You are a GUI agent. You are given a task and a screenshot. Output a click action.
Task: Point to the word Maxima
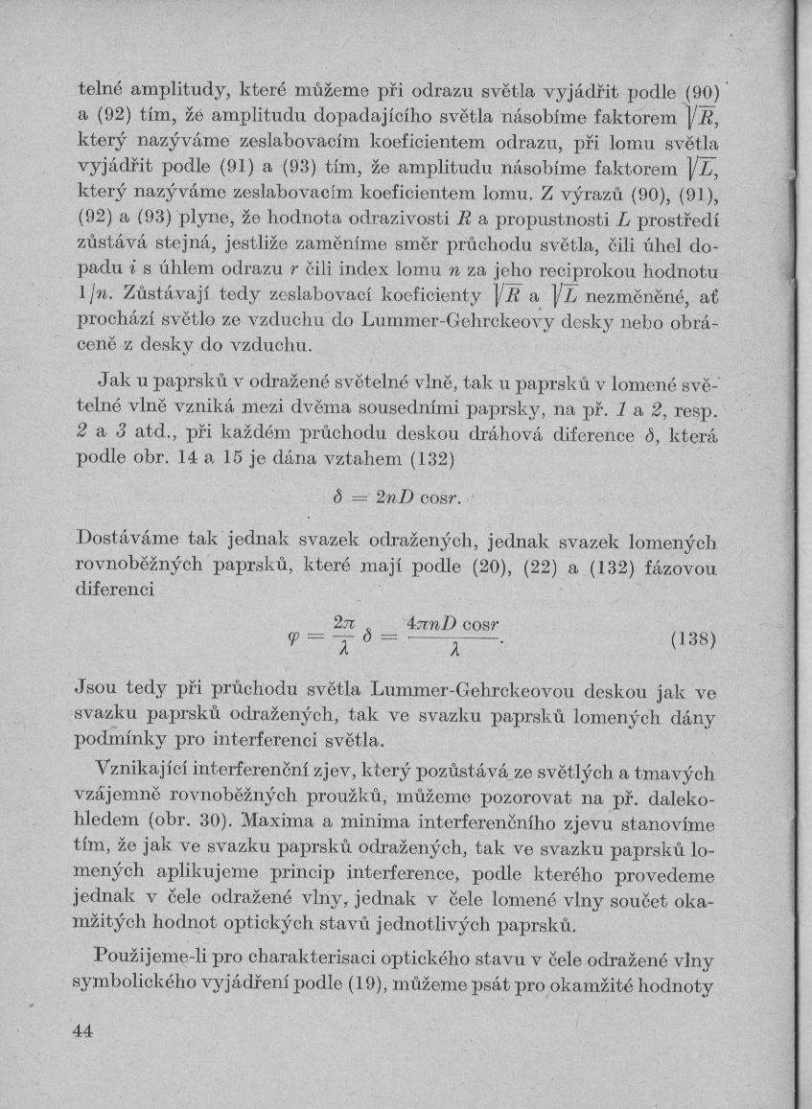pyautogui.click(x=278, y=821)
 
